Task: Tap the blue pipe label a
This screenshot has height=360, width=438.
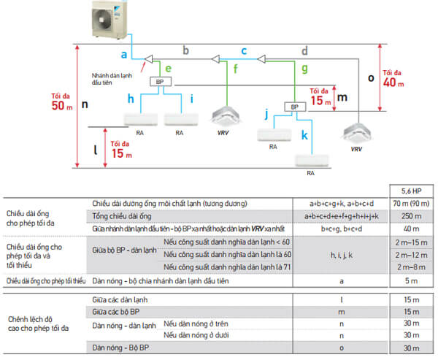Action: click(x=125, y=55)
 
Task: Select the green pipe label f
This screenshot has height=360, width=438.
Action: click(x=235, y=72)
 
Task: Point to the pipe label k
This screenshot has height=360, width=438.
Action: click(x=305, y=135)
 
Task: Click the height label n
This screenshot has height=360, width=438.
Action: click(x=85, y=104)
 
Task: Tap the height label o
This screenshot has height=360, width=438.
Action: click(x=370, y=76)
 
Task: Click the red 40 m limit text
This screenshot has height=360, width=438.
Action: click(x=393, y=79)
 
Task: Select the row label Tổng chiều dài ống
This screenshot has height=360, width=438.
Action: click(x=122, y=215)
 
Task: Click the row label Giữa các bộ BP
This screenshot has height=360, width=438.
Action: click(x=118, y=312)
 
